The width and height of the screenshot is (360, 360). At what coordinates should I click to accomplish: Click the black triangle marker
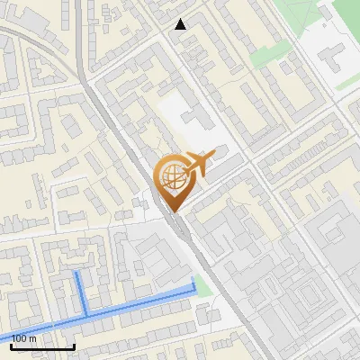[181, 24]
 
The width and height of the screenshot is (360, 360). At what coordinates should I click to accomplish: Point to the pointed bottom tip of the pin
[175, 211]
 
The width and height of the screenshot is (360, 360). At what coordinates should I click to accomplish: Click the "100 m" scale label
[24, 338]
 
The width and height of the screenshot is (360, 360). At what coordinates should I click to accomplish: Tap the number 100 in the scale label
[19, 338]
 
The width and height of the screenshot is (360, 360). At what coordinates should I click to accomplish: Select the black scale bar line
[42, 346]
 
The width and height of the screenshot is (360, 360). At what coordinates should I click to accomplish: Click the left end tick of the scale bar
[11, 345]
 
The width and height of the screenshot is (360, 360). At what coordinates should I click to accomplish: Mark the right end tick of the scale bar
[74, 345]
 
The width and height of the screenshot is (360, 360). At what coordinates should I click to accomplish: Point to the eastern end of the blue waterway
[193, 286]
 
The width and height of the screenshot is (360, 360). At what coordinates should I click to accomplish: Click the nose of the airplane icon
[211, 155]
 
